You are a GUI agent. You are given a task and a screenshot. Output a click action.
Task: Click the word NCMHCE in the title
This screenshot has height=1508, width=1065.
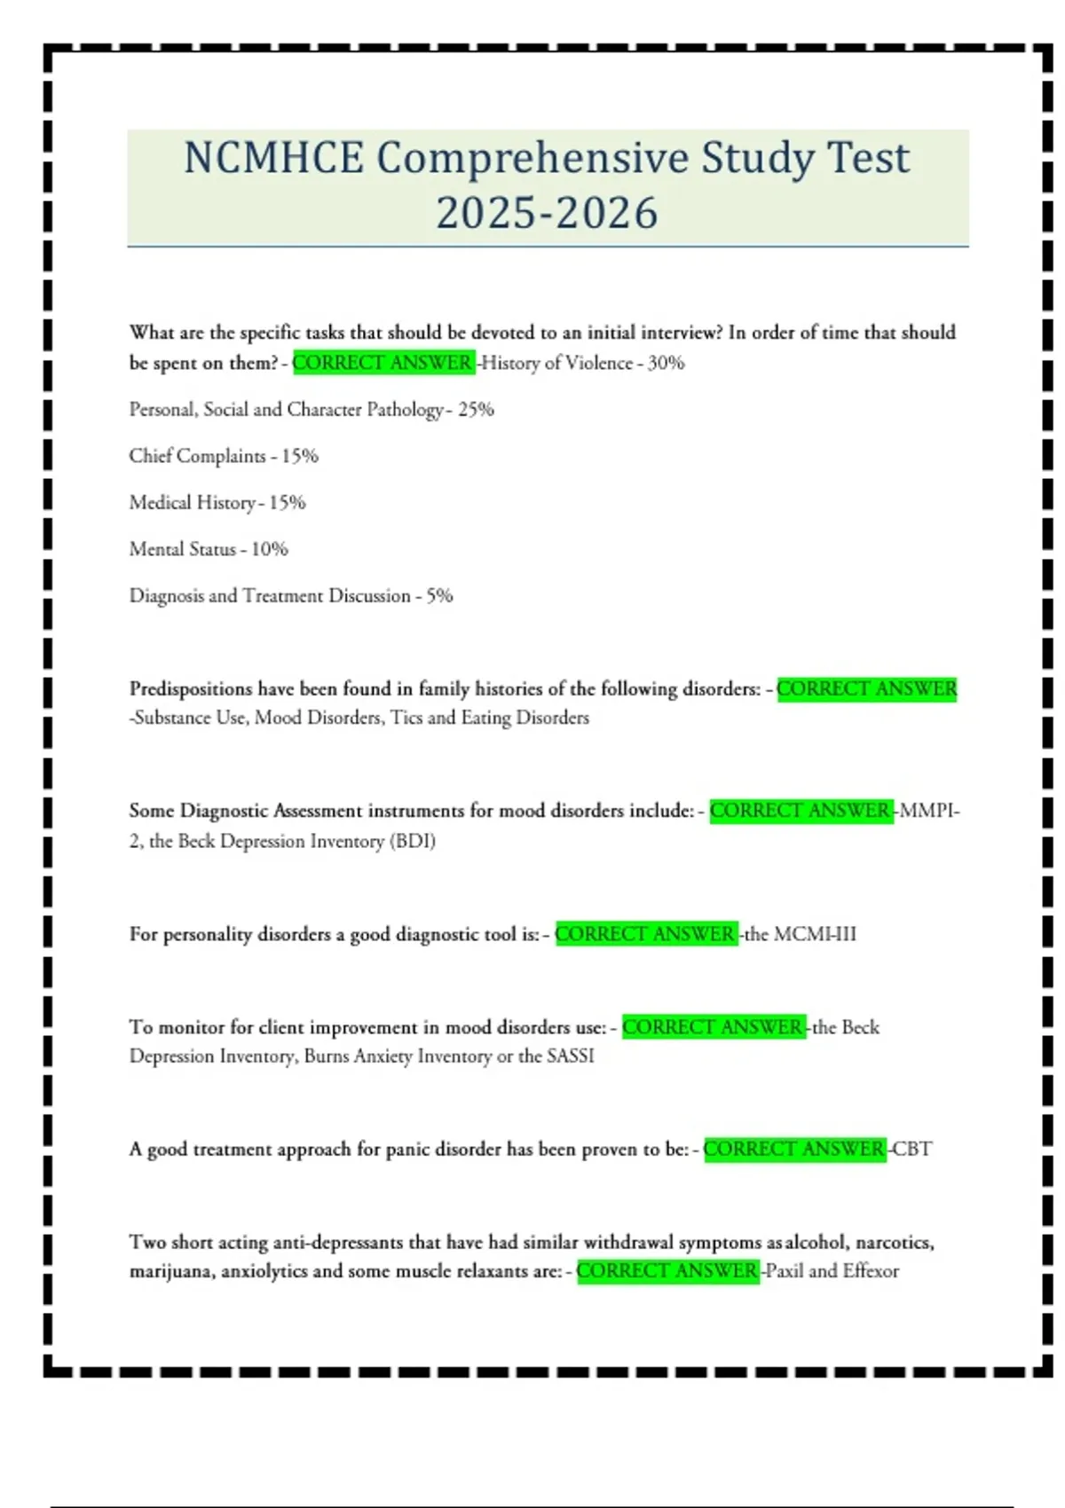[x=273, y=159]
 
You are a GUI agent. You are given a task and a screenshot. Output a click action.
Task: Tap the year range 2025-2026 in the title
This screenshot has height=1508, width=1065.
[x=547, y=213]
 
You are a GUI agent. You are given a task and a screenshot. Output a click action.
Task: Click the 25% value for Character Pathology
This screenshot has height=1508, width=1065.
[x=476, y=410]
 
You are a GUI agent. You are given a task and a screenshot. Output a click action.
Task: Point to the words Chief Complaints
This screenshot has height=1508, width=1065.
[x=197, y=456]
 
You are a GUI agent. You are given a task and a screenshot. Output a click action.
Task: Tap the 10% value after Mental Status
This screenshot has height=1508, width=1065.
[x=270, y=549]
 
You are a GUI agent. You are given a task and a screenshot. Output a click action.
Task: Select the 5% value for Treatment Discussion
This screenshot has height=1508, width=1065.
[x=439, y=596]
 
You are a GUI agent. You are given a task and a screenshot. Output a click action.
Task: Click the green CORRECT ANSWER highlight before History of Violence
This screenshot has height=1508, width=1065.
[x=383, y=363]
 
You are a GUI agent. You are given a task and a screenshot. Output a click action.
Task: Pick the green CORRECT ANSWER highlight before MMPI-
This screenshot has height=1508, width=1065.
[x=801, y=811]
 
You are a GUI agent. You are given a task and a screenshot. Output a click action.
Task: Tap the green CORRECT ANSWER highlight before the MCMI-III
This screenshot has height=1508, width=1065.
[x=645, y=934]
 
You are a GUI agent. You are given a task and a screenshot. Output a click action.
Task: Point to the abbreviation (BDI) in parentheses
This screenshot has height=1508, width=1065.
[x=413, y=841]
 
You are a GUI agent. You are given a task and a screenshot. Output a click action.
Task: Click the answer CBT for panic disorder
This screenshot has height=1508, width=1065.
[x=911, y=1150]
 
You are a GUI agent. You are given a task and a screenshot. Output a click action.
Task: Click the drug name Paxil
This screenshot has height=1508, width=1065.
[x=785, y=1271]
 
